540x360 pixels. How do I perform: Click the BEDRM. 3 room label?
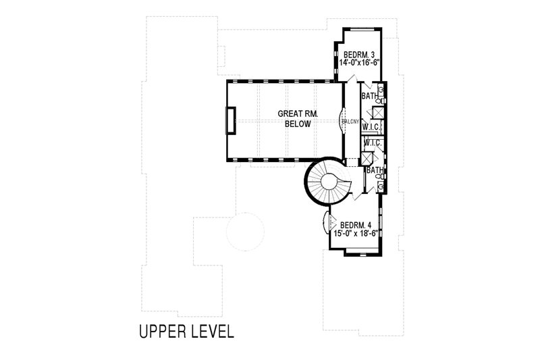pyautogui.click(x=358, y=54)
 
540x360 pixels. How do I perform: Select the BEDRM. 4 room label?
pyautogui.click(x=356, y=225)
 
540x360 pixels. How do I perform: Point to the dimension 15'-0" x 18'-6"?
pyautogui.click(x=355, y=234)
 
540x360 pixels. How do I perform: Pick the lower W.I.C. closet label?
pyautogui.click(x=373, y=143)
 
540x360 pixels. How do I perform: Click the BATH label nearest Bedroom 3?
pyautogui.click(x=369, y=97)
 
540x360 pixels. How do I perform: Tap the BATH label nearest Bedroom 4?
pyautogui.click(x=375, y=171)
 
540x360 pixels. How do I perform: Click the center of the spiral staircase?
pyautogui.click(x=330, y=181)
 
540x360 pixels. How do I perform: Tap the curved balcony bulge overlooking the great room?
pyautogui.click(x=341, y=122)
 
